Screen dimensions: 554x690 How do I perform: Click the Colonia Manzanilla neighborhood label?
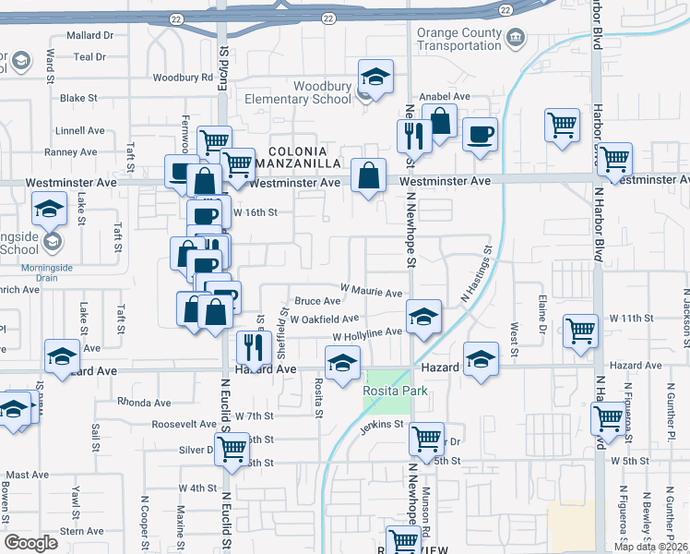click(297, 157)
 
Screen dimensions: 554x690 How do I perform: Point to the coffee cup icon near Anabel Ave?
click(480, 134)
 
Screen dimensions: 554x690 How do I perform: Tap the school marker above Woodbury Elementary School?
click(375, 78)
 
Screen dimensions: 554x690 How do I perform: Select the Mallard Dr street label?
click(90, 35)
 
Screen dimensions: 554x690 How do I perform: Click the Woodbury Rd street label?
click(184, 78)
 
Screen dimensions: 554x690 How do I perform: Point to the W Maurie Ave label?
click(372, 293)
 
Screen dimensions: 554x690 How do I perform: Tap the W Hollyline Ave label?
click(367, 333)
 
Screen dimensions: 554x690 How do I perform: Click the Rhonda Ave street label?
click(145, 403)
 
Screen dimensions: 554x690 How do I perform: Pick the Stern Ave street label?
click(82, 531)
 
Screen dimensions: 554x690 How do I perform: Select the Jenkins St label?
click(384, 424)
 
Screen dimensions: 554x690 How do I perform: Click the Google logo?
click(31, 543)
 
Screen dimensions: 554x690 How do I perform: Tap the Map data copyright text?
click(651, 547)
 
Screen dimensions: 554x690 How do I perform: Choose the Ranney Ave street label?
click(70, 152)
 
